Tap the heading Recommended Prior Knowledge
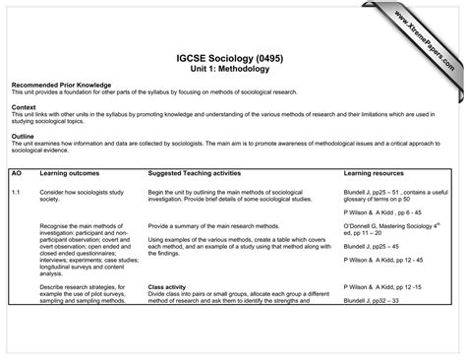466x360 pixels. [61, 86]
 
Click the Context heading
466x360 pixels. [25, 107]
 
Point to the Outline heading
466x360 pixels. [24, 136]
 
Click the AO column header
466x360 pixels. [17, 173]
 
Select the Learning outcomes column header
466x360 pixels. [69, 173]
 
